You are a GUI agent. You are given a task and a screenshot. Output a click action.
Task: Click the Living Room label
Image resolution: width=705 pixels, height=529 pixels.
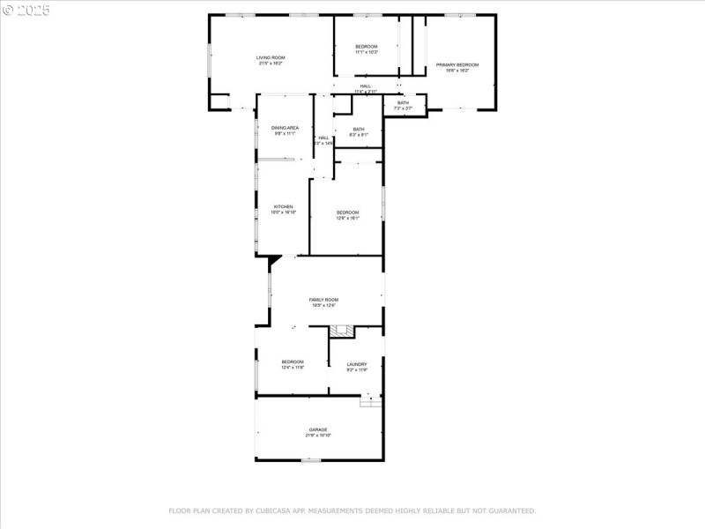271,57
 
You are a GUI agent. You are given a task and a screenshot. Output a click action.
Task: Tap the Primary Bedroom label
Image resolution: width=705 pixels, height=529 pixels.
456,64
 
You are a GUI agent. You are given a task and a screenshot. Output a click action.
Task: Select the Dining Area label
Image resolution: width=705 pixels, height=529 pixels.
285,128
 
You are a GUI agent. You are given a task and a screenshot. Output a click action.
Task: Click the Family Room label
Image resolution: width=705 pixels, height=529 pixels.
323,300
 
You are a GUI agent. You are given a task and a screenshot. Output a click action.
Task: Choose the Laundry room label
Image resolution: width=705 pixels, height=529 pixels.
356,364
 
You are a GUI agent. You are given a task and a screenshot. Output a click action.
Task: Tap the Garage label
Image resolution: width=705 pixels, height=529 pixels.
318,429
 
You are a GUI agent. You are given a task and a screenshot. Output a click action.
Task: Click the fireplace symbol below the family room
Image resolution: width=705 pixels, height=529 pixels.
341,331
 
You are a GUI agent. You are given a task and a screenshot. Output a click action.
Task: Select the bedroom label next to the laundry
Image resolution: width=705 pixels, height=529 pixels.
293,361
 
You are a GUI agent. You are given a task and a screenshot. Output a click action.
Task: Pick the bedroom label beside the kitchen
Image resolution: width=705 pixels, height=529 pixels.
347,212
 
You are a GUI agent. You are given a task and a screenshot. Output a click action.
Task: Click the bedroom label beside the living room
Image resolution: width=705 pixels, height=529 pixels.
366,46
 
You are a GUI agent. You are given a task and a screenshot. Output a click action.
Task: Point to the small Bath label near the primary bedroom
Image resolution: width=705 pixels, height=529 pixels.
403,103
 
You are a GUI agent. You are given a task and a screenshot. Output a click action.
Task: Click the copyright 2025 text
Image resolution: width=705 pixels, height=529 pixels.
26,11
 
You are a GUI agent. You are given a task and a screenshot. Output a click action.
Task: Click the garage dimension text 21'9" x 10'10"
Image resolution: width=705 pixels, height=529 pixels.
318,436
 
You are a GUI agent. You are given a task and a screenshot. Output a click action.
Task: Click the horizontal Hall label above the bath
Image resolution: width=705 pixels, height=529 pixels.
365,86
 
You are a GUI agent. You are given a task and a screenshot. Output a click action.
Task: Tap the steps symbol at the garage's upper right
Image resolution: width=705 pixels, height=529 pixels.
371,402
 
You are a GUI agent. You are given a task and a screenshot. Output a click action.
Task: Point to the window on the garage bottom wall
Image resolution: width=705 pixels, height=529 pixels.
310,460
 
